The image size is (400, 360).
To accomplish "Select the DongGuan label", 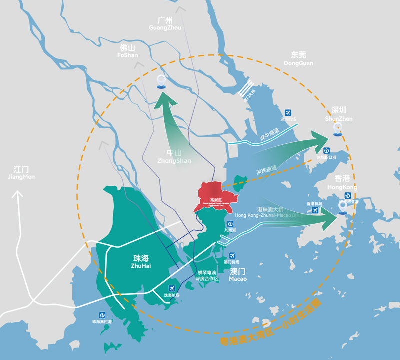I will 298,59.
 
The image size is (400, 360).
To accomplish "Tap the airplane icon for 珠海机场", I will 172,288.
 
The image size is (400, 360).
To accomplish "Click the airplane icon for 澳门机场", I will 232,256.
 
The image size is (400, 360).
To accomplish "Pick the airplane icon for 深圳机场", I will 288,113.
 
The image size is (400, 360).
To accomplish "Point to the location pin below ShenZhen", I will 338,129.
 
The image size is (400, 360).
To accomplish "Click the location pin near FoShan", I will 161,81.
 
